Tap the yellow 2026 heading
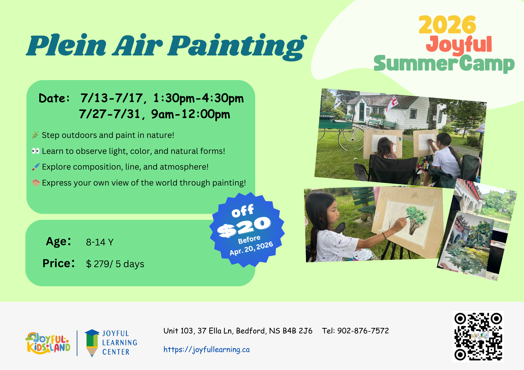tap(447, 25)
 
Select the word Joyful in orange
tap(459, 45)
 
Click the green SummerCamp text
tap(444, 64)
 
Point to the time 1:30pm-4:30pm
tap(199, 98)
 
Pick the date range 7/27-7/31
tap(110, 114)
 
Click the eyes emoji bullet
tap(36, 151)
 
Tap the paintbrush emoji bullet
tap(36, 167)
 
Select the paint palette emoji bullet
tap(36, 182)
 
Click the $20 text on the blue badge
tap(244, 227)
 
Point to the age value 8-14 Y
tap(100, 242)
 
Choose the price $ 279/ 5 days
tap(115, 264)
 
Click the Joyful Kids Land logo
tap(48, 343)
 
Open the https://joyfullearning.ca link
tap(206, 350)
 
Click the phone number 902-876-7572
tap(363, 331)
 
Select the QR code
tap(478, 337)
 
